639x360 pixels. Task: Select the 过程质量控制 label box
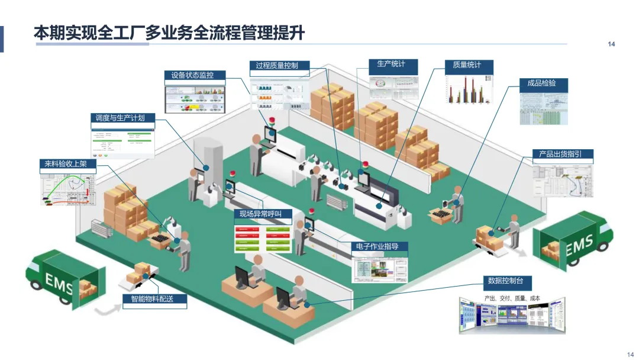(x=277, y=66)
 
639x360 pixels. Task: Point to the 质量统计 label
(x=467, y=65)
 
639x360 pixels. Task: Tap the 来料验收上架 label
(x=66, y=164)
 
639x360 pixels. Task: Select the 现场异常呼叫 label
(x=262, y=214)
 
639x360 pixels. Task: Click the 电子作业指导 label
(x=379, y=246)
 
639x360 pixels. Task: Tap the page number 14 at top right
(x=612, y=44)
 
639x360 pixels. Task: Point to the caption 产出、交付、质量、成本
(x=512, y=298)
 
